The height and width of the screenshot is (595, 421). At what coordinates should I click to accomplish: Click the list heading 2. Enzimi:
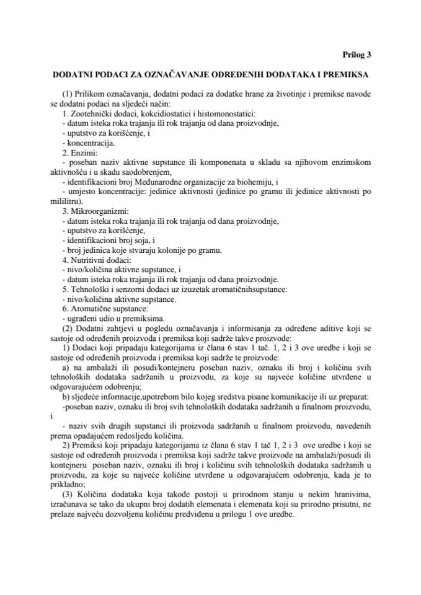point(81,152)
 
